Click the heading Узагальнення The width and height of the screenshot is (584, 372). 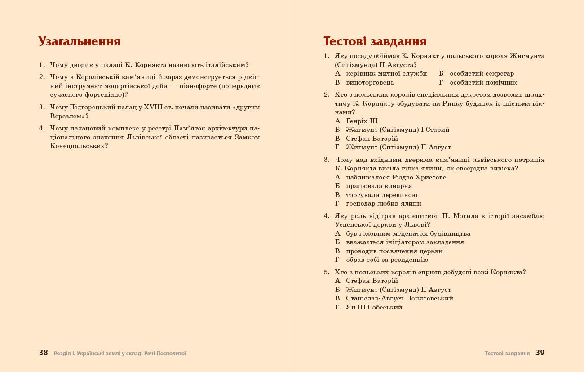tap(79, 41)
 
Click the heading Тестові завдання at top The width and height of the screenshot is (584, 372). tap(375, 41)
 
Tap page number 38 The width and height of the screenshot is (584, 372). tap(43, 353)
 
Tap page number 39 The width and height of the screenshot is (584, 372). tap(540, 353)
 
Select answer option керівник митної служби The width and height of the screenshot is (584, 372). tap(386, 74)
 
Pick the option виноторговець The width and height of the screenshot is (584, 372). tap(370, 82)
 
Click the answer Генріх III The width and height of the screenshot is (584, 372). tap(362, 121)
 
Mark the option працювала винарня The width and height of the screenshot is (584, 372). tap(379, 186)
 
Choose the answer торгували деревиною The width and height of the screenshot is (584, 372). tap(381, 195)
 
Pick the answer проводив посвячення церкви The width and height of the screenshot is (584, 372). tap(394, 251)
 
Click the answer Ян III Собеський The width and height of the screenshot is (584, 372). tap(374, 307)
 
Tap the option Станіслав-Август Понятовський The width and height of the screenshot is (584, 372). tap(399, 298)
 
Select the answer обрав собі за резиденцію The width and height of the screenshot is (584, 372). tap(387, 260)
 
